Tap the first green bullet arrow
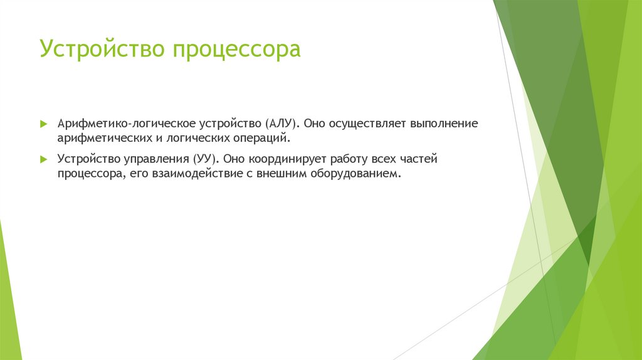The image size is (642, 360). tap(43, 124)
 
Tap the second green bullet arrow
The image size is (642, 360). tap(43, 159)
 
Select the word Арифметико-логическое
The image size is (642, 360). tap(112, 124)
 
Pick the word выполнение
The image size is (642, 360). tap(444, 124)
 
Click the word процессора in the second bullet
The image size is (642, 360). tap(88, 173)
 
